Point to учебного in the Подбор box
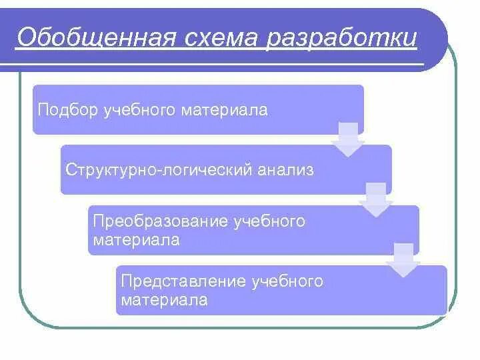pos(138,110)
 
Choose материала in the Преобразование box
pos(137,240)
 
